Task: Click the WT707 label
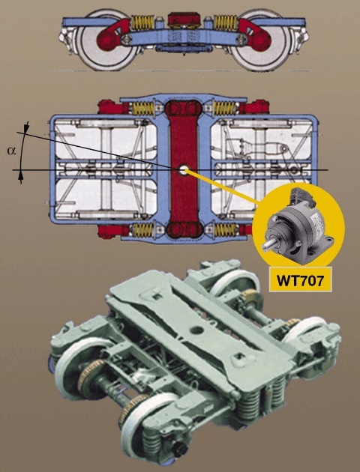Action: tap(301, 279)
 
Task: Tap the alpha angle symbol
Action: tap(11, 151)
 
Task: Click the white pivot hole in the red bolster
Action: tap(183, 170)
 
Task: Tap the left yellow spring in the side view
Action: tap(143, 23)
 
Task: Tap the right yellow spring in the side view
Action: tap(225, 23)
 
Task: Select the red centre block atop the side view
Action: tap(184, 19)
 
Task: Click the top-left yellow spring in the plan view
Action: tap(143, 109)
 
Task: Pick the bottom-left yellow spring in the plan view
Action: tap(143, 230)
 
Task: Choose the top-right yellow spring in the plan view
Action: tap(224, 109)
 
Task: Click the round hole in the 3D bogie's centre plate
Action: tap(196, 330)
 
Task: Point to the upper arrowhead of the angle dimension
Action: tap(27, 128)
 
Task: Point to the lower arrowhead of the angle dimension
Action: tap(20, 176)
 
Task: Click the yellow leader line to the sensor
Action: tap(222, 187)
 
